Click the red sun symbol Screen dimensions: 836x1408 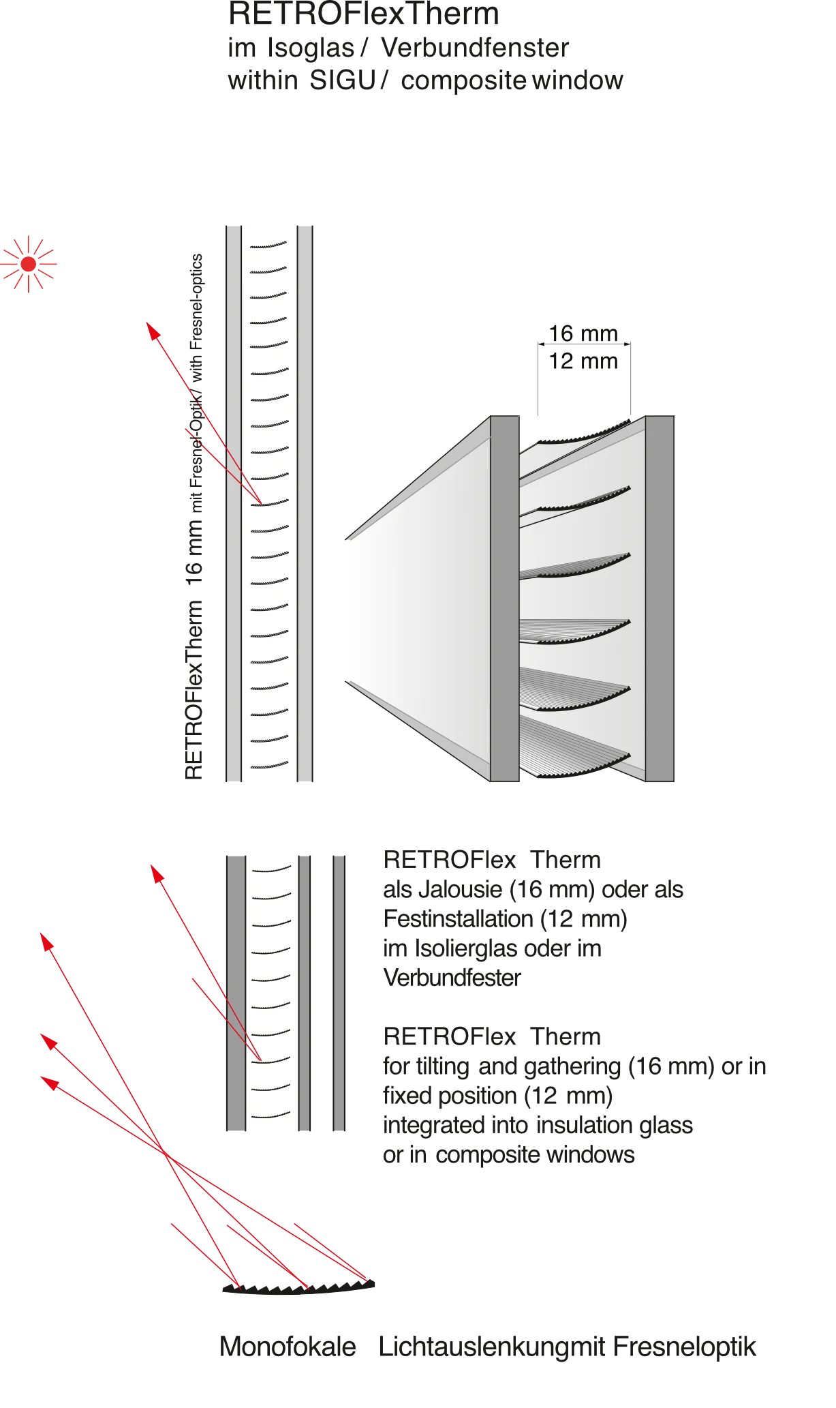coord(29,264)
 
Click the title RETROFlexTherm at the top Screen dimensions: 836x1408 coord(364,14)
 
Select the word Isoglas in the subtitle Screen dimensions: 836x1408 coord(311,48)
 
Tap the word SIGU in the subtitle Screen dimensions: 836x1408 coord(343,80)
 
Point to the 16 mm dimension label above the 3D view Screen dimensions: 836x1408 coord(583,333)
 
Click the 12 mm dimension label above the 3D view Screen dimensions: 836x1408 coord(583,361)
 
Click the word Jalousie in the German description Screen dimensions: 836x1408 coord(461,890)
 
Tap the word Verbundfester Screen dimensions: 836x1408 coord(452,978)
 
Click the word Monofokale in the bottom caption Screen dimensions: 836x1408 coord(288,1347)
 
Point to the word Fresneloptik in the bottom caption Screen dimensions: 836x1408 coord(684,1347)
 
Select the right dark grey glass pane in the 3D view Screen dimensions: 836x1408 coord(660,598)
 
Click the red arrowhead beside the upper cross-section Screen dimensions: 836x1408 coord(153,331)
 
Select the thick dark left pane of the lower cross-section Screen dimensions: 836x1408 coord(236,993)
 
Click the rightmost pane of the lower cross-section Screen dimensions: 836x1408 coord(339,993)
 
